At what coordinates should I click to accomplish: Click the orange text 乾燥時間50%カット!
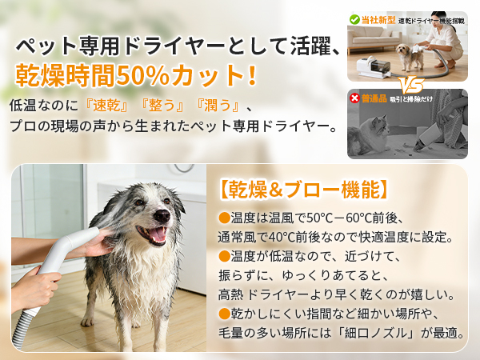coord(136,76)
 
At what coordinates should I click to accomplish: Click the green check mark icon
coord(354,18)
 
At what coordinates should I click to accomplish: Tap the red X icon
coord(354,98)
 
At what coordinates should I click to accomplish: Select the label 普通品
coord(374,98)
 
